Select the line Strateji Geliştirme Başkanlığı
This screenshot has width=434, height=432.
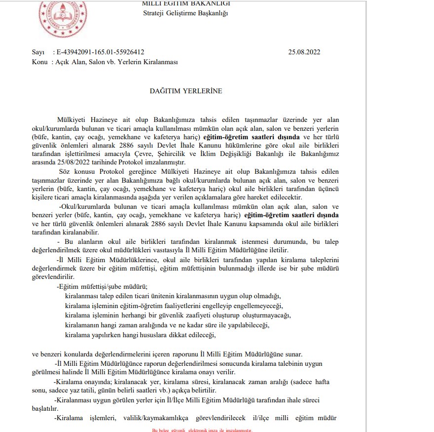click(x=185, y=13)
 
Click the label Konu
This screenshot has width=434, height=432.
click(x=40, y=62)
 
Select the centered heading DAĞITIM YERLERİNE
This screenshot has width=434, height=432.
click(x=185, y=91)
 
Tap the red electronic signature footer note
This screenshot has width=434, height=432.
click(x=202, y=430)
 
